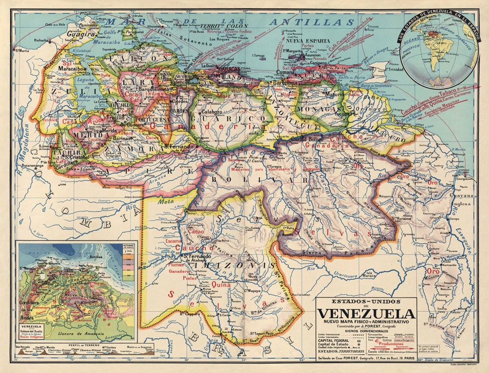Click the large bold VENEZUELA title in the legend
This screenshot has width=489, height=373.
(x=366, y=313)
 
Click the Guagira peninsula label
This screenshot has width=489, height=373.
(x=80, y=35)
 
